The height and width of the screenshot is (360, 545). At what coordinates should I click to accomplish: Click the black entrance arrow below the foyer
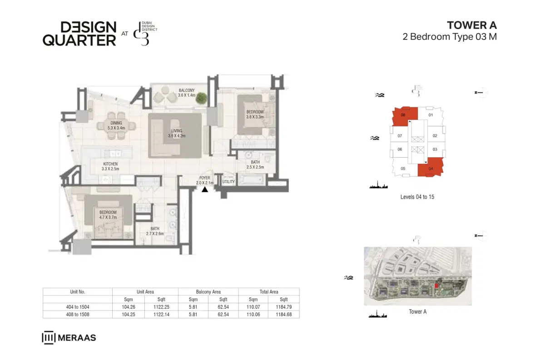tap(205, 190)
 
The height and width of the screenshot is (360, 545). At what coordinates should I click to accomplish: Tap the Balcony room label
tap(186, 93)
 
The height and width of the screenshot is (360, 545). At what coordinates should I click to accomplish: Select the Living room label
tap(177, 133)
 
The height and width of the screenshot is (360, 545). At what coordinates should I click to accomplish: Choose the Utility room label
tap(228, 182)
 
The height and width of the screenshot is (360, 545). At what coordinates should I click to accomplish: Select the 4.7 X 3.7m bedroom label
tap(108, 215)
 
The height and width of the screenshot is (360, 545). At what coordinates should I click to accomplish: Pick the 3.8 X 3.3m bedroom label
tap(255, 114)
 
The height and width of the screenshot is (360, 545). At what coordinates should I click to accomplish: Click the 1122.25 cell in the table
tap(161, 307)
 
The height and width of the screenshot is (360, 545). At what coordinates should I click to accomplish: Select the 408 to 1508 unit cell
tap(77, 314)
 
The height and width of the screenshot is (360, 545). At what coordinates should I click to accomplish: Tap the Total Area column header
tap(269, 292)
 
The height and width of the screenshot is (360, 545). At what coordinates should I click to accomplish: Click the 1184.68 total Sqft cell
tap(284, 314)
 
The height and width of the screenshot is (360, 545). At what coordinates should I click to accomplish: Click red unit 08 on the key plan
tap(402, 116)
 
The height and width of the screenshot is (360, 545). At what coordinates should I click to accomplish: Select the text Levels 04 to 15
tap(417, 197)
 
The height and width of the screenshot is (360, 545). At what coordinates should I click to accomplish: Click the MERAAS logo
tap(69, 338)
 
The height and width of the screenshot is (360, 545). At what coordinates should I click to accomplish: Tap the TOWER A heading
tap(472, 25)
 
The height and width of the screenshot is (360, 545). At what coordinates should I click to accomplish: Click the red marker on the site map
tap(436, 285)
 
